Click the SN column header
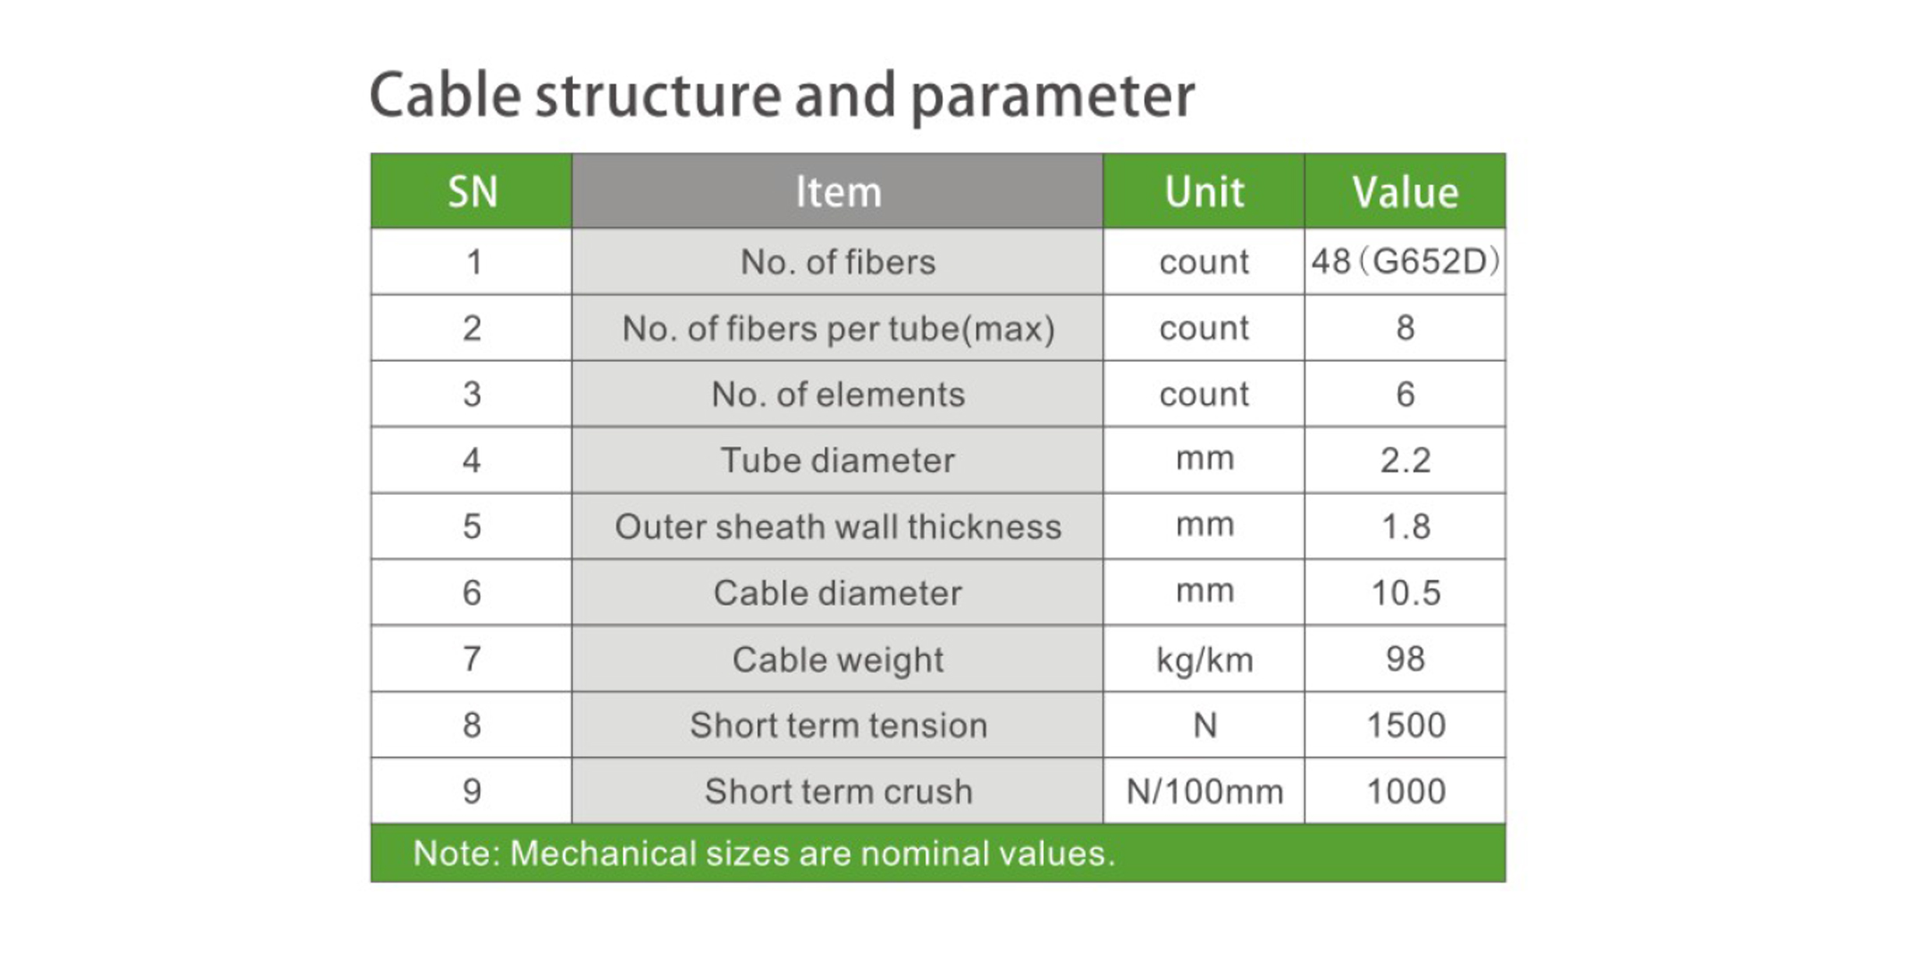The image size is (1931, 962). click(472, 191)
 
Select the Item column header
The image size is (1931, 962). click(838, 191)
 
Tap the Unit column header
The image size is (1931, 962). click(1204, 191)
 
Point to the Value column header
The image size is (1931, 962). click(1405, 191)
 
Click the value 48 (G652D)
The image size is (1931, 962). click(1405, 262)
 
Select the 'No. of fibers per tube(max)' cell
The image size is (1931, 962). click(838, 328)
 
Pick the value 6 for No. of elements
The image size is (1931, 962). click(1405, 394)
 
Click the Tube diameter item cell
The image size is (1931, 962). click(838, 460)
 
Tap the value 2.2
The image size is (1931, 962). click(1405, 461)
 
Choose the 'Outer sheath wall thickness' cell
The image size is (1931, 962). click(838, 526)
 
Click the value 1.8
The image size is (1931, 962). click(1405, 527)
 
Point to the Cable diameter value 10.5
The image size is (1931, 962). click(1405, 593)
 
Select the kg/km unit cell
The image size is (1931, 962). click(1204, 658)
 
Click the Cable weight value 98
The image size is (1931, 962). click(1405, 659)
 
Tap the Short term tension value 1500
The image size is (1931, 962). click(1405, 725)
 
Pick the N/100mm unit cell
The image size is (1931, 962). click(1204, 791)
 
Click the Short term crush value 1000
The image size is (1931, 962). click(1405, 792)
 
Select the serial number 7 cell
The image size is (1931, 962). click(472, 658)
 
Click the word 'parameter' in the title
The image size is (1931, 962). click(1052, 97)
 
